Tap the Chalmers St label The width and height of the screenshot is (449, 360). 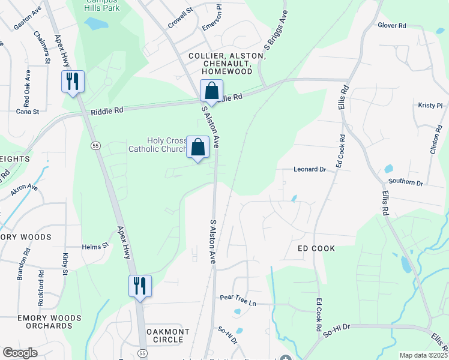pyautogui.click(x=43, y=47)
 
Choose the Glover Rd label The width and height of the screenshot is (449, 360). pyautogui.click(x=392, y=26)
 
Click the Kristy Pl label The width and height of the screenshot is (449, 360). pyautogui.click(x=430, y=105)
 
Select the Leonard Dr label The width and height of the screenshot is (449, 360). pyautogui.click(x=309, y=170)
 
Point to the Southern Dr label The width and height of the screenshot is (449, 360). pyautogui.click(x=406, y=182)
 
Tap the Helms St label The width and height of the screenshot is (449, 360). pyautogui.click(x=95, y=246)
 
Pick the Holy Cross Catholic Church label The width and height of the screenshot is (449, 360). pyautogui.click(x=156, y=145)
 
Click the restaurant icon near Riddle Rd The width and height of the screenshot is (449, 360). pyautogui.click(x=74, y=81)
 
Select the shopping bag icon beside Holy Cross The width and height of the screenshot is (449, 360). pyautogui.click(x=198, y=147)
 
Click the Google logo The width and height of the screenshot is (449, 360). pyautogui.click(x=20, y=353)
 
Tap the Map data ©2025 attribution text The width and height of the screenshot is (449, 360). pyautogui.click(x=423, y=355)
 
